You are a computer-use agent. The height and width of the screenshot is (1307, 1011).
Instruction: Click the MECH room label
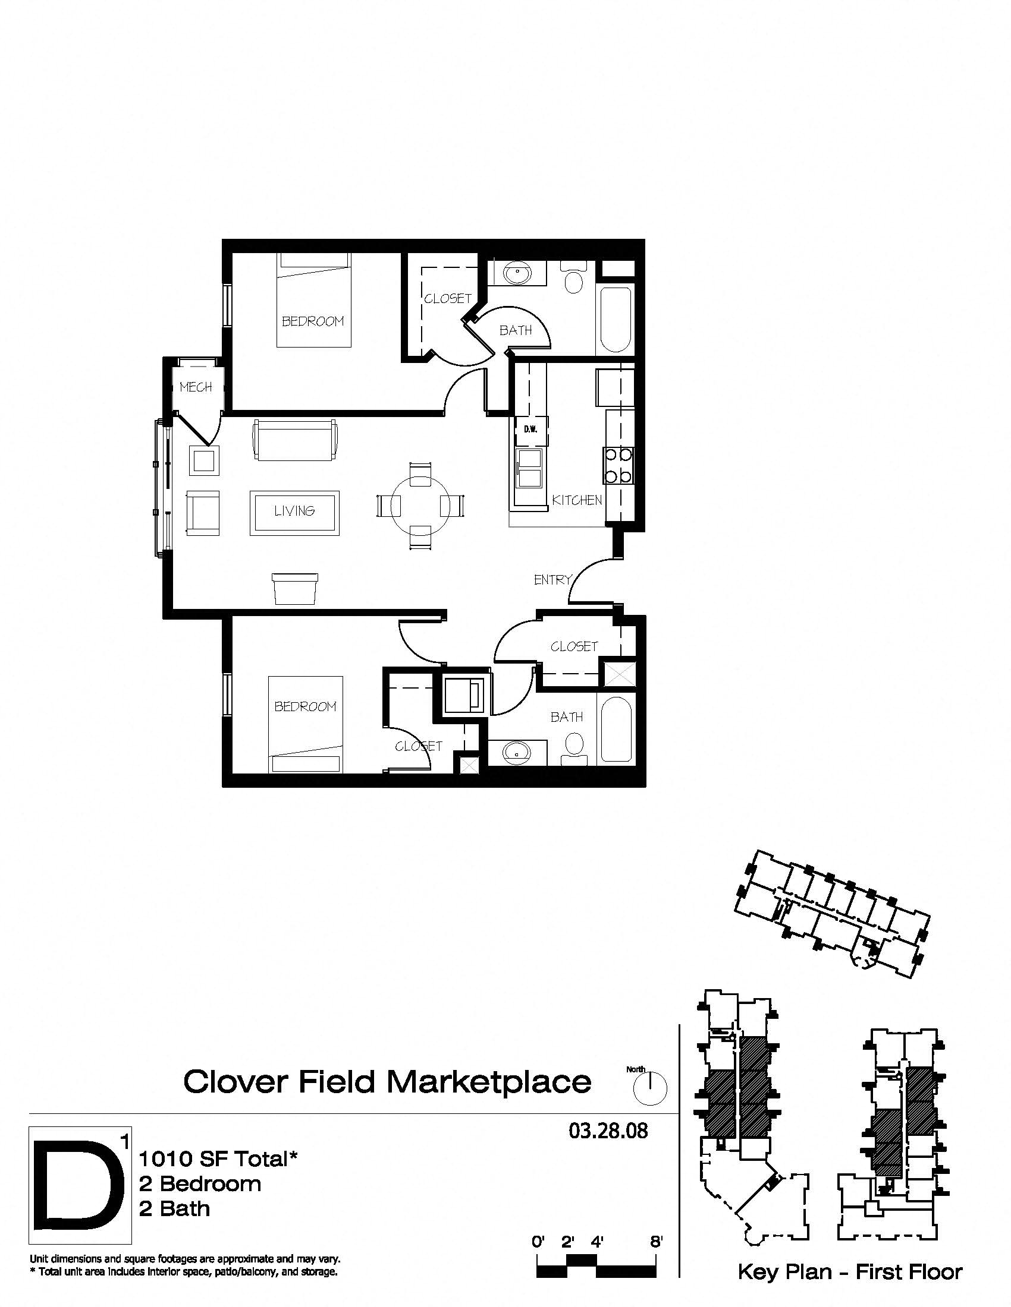click(x=196, y=387)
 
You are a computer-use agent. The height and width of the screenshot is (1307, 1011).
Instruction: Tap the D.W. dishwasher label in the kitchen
click(x=530, y=429)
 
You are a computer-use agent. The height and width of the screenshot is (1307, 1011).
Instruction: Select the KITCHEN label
click(x=577, y=500)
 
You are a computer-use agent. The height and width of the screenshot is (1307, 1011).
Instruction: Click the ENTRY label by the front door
click(x=552, y=579)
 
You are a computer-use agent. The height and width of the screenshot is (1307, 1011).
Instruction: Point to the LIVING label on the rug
click(x=294, y=511)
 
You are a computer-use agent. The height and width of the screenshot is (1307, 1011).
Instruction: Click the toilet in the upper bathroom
click(x=574, y=278)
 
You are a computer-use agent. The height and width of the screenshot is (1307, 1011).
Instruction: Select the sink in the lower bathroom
click(x=514, y=752)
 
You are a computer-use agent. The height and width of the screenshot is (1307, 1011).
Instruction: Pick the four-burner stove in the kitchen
click(x=618, y=465)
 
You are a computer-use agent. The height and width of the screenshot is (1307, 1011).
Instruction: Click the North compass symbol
click(x=650, y=1087)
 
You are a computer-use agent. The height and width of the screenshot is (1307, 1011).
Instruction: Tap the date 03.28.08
click(x=608, y=1131)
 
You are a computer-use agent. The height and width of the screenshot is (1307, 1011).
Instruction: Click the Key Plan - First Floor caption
click(x=849, y=1272)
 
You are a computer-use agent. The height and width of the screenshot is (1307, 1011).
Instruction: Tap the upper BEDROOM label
click(x=313, y=321)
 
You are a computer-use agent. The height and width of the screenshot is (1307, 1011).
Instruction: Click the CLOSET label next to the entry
click(x=574, y=646)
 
